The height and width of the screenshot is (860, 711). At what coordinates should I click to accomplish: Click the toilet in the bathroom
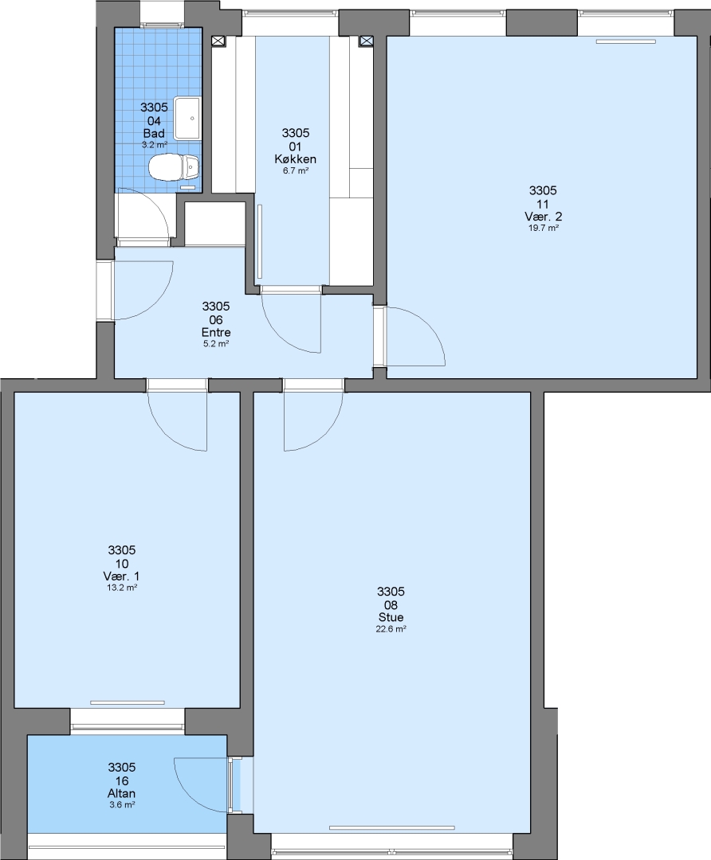pyautogui.click(x=174, y=166)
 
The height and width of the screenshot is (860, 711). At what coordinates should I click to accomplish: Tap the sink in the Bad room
pyautogui.click(x=187, y=118)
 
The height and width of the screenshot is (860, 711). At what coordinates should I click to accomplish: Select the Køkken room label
pyautogui.click(x=296, y=159)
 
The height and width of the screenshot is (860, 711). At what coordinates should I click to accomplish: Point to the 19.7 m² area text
pyautogui.click(x=543, y=229)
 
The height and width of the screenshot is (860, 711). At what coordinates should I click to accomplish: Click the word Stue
pyautogui.click(x=391, y=617)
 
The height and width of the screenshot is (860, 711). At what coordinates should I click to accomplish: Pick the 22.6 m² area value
pyautogui.click(x=391, y=629)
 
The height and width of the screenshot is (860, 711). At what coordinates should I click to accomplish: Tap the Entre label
pyautogui.click(x=216, y=332)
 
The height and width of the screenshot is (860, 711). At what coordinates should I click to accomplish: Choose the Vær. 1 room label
pyautogui.click(x=121, y=577)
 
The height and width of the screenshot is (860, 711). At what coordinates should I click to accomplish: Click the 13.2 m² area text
pyautogui.click(x=121, y=588)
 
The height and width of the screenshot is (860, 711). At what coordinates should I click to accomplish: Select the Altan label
pyautogui.click(x=121, y=793)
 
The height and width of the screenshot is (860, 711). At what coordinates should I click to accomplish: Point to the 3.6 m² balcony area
pyautogui.click(x=121, y=804)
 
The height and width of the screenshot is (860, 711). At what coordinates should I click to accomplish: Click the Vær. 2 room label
pyautogui.click(x=543, y=217)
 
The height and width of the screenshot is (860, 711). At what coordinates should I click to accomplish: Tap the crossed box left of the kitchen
pyautogui.click(x=218, y=41)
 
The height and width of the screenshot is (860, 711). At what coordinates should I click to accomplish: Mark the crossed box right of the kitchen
pyautogui.click(x=366, y=41)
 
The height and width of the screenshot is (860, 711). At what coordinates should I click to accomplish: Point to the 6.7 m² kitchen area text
pyautogui.click(x=296, y=170)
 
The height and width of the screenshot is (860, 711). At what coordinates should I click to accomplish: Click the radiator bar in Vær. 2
pyautogui.click(x=626, y=41)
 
